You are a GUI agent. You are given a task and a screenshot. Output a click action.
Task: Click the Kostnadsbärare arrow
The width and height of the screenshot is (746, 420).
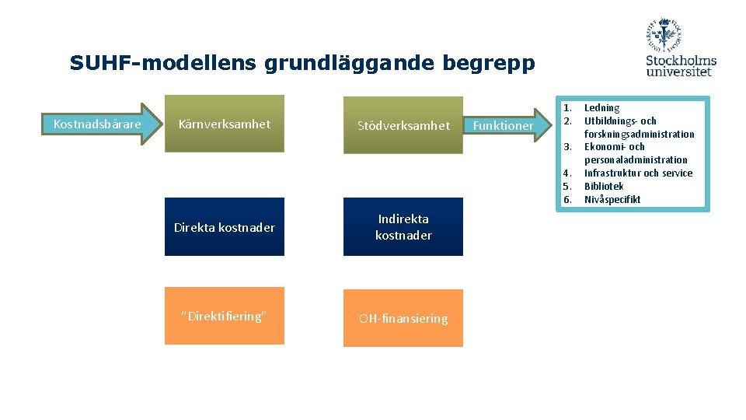click(x=98, y=124)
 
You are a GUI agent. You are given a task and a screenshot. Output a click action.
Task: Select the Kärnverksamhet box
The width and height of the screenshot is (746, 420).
click(x=224, y=124)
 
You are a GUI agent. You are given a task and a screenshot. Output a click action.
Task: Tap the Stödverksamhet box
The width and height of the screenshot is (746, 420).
click(x=403, y=125)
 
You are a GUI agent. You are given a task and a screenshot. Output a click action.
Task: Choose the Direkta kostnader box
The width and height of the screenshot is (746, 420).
click(x=224, y=227)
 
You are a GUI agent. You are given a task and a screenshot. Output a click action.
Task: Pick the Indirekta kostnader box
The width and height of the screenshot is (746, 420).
click(x=403, y=227)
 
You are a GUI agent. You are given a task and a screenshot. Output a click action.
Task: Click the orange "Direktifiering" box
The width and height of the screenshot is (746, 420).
click(x=224, y=316)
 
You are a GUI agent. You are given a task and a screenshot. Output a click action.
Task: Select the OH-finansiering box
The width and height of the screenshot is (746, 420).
click(x=403, y=318)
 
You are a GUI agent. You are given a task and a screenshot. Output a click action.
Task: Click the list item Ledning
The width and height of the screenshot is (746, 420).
click(x=601, y=108)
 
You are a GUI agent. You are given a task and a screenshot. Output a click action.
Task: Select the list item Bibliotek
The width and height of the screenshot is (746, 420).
click(x=604, y=186)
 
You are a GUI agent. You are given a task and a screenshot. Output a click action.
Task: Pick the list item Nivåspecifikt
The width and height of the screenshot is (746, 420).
click(x=612, y=199)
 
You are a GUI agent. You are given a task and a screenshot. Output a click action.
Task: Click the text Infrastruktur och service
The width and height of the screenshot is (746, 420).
click(x=638, y=173)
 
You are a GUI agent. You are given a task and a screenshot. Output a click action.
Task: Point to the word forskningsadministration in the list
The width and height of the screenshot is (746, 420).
click(x=639, y=134)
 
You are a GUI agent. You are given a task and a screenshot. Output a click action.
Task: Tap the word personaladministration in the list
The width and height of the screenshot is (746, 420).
click(x=636, y=159)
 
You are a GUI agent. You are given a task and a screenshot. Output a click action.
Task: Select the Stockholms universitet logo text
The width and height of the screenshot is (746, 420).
click(x=681, y=65)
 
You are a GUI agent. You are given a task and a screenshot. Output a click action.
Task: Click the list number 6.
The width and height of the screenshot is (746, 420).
click(x=567, y=199)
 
